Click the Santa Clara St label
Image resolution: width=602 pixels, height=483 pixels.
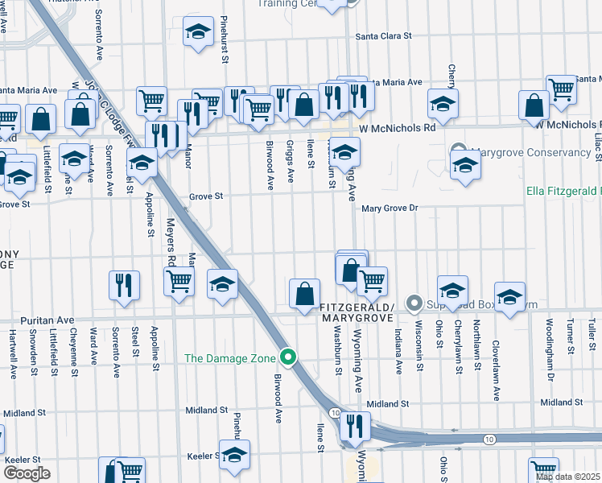point(384,36)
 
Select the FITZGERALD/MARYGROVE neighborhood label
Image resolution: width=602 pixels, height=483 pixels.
point(356,312)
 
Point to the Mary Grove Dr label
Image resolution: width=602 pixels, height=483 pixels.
point(391,208)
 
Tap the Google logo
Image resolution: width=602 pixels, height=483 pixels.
point(26,473)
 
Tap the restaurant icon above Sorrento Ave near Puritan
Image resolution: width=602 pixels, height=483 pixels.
point(123,286)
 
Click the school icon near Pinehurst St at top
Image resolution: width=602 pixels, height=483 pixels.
point(197,33)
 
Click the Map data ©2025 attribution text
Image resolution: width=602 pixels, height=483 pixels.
point(568,477)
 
